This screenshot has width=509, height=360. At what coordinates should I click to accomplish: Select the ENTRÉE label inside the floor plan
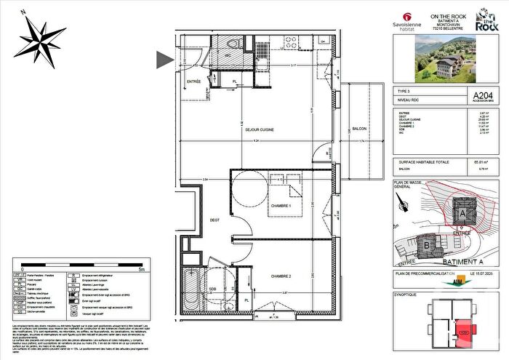tap(194, 81)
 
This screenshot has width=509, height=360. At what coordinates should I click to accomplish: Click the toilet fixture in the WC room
tap(230, 49)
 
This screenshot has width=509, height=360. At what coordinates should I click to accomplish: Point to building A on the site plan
tap(463, 212)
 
